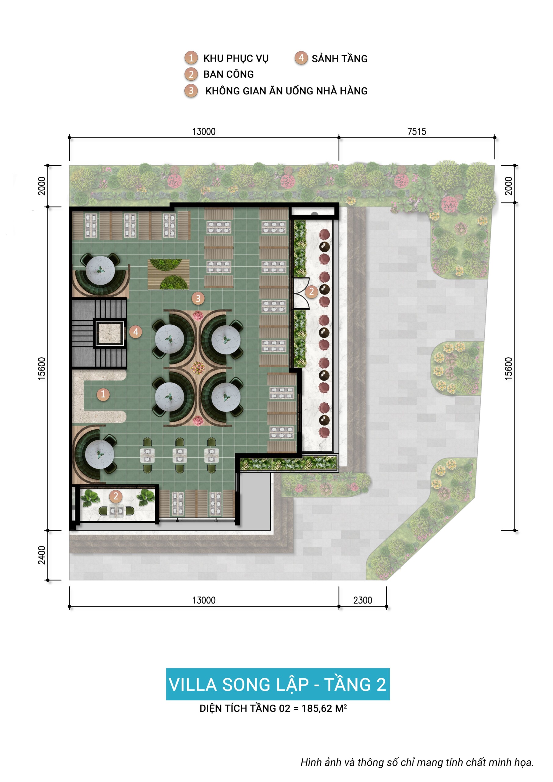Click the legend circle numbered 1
(x=191, y=58)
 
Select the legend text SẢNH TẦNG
(x=340, y=59)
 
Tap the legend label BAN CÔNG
(x=228, y=74)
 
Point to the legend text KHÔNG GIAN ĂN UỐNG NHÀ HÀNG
(x=286, y=91)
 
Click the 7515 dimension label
(x=417, y=131)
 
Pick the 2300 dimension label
(x=363, y=600)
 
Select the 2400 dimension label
(x=42, y=555)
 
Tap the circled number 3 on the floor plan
(x=198, y=299)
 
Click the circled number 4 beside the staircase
(x=136, y=332)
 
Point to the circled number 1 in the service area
(x=103, y=394)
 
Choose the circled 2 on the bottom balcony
(x=116, y=496)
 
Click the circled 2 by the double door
(x=311, y=291)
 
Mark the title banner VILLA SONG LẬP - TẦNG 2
(x=278, y=685)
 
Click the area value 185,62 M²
(x=324, y=708)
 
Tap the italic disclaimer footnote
(x=417, y=762)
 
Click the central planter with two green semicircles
(x=169, y=274)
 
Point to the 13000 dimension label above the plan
(x=204, y=131)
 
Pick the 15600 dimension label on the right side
(x=508, y=368)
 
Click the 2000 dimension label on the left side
(x=42, y=186)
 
